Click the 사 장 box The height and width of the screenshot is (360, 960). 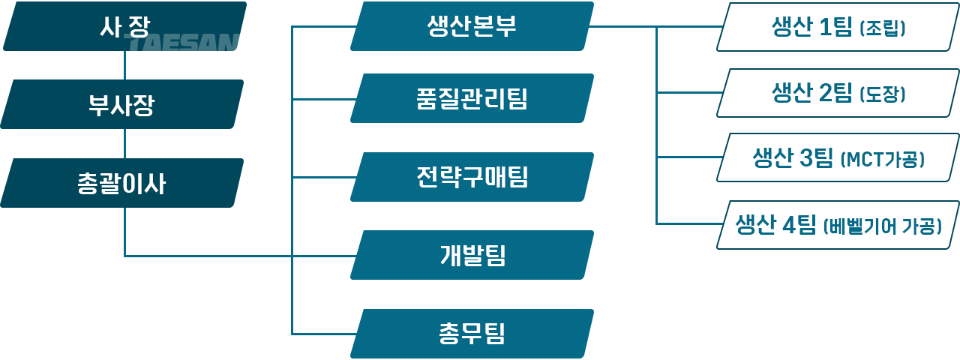(x=124, y=26)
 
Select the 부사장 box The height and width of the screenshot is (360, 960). (x=122, y=104)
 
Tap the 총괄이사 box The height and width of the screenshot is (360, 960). (x=122, y=183)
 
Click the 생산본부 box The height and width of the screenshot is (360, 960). (x=472, y=26)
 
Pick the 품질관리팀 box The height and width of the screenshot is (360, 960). (x=472, y=98)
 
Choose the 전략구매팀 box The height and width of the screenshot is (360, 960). (x=472, y=177)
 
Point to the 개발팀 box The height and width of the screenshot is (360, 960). (x=472, y=255)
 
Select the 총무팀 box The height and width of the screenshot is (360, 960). (x=472, y=334)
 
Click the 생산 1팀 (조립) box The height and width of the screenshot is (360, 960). (x=838, y=27)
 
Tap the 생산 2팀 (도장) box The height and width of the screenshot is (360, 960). (x=838, y=93)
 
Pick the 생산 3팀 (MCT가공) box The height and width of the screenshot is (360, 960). (x=838, y=157)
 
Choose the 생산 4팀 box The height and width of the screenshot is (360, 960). (x=838, y=224)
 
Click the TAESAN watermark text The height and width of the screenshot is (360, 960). (x=181, y=43)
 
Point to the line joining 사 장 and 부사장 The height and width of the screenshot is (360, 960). (x=124, y=65)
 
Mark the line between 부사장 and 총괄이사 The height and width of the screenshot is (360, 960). (x=124, y=143)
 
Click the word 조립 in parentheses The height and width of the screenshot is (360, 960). (x=883, y=28)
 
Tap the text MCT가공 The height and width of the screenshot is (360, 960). (x=883, y=160)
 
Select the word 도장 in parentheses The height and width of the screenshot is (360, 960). (x=883, y=94)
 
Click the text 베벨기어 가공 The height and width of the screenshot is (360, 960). (x=883, y=226)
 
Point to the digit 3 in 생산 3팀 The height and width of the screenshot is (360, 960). (x=806, y=157)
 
